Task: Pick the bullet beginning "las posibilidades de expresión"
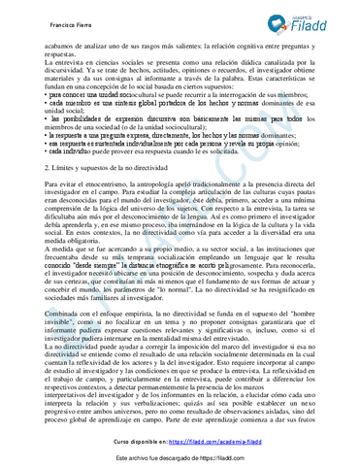pyautogui.click(x=107, y=116)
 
